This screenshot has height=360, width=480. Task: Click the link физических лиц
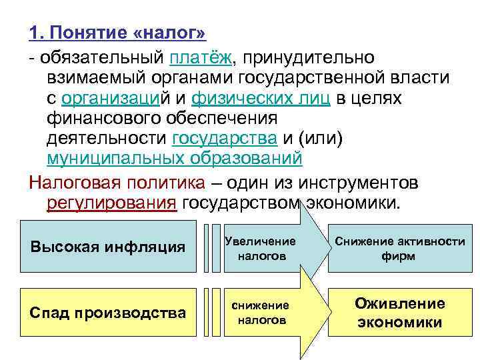[x=261, y=99]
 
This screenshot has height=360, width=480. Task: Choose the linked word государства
[x=224, y=139]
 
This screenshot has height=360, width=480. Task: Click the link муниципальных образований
[x=175, y=159]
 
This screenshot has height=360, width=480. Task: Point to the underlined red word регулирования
[x=112, y=203]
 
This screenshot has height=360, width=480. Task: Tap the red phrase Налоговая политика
[x=117, y=182]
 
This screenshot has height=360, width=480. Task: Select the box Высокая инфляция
[x=108, y=247]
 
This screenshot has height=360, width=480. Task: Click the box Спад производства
[x=108, y=312]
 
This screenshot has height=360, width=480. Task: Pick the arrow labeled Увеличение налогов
[x=263, y=247]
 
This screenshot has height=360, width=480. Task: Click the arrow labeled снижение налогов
[x=263, y=313]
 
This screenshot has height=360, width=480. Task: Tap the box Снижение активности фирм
[x=399, y=247]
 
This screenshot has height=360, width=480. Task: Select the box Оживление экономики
[x=399, y=313]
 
